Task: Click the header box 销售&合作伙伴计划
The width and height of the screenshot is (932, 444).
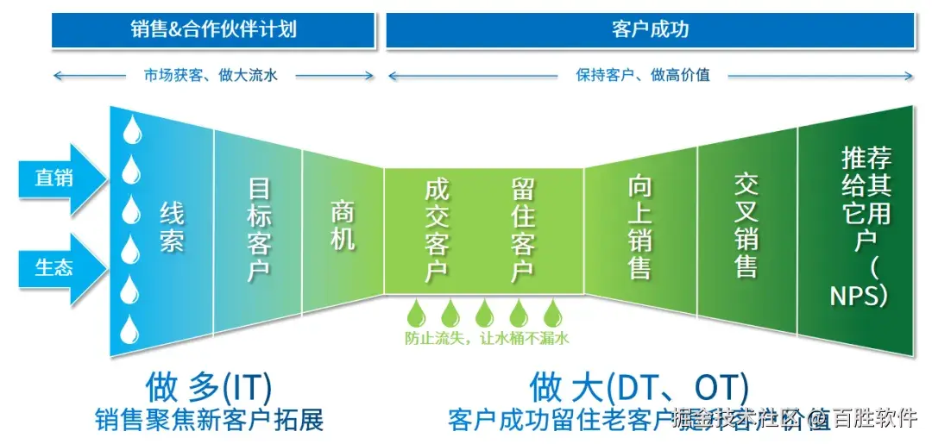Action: pos(213,30)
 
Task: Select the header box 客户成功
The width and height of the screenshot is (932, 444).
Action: pos(650,30)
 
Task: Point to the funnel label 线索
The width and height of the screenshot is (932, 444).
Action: pos(172,226)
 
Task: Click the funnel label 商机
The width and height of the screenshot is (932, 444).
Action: pos(343,226)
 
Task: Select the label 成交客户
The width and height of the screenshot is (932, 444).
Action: pos(436,229)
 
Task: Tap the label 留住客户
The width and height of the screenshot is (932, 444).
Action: pos(522,229)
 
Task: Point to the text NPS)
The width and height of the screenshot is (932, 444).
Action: pos(859,295)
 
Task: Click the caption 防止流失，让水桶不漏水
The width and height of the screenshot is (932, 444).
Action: pos(487,339)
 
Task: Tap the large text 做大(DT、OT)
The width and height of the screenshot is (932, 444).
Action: pos(639,386)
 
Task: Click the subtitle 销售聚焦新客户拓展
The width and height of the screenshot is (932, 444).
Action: pos(210,420)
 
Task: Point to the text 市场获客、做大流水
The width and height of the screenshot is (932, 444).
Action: pos(211,75)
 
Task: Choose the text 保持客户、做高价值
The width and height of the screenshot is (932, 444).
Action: pos(643,75)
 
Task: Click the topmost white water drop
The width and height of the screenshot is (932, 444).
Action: pos(131,130)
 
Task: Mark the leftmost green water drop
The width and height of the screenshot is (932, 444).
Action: pos(416,312)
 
